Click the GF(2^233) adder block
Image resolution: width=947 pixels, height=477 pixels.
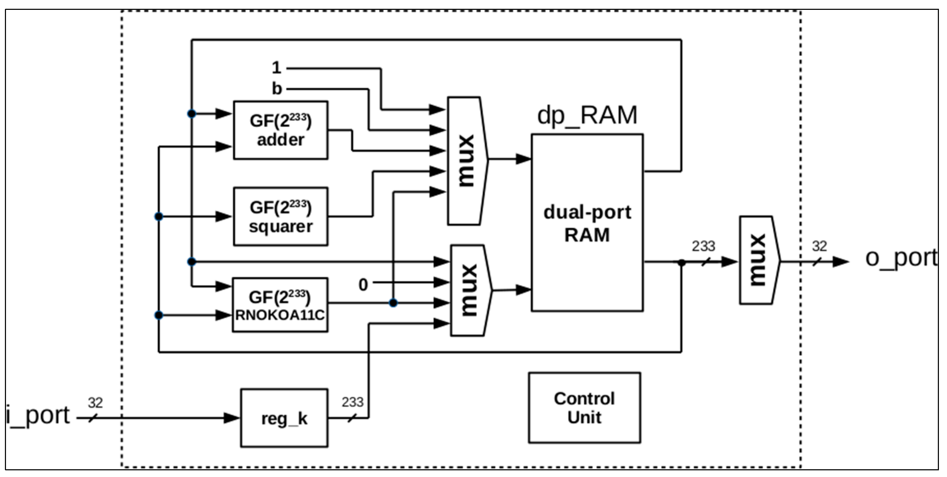tap(280, 130)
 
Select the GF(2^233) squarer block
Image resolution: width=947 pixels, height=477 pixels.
tap(280, 217)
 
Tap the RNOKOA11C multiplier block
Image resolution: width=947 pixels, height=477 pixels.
tap(280, 305)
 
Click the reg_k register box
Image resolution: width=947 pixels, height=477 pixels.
tap(284, 418)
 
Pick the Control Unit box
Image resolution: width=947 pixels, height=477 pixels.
tap(585, 408)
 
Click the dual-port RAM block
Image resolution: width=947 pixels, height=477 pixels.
tap(587, 223)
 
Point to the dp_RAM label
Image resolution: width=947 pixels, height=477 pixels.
tap(587, 115)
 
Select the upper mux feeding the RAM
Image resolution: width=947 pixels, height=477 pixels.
tap(468, 161)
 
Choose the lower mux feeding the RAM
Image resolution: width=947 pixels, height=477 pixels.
tap(471, 290)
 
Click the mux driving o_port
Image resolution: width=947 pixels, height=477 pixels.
tap(759, 260)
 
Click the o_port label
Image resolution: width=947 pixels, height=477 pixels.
tap(901, 258)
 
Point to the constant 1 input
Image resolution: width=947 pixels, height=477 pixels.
tap(277, 67)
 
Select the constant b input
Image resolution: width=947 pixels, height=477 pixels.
tap(277, 89)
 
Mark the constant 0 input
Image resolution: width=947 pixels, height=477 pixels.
tap(363, 285)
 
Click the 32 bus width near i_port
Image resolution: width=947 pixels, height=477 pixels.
tap(95, 403)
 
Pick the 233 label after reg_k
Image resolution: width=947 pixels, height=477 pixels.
tap(352, 402)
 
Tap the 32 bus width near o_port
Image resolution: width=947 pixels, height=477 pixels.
tap(819, 246)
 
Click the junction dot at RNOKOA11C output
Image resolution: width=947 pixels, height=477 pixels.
tap(393, 303)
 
